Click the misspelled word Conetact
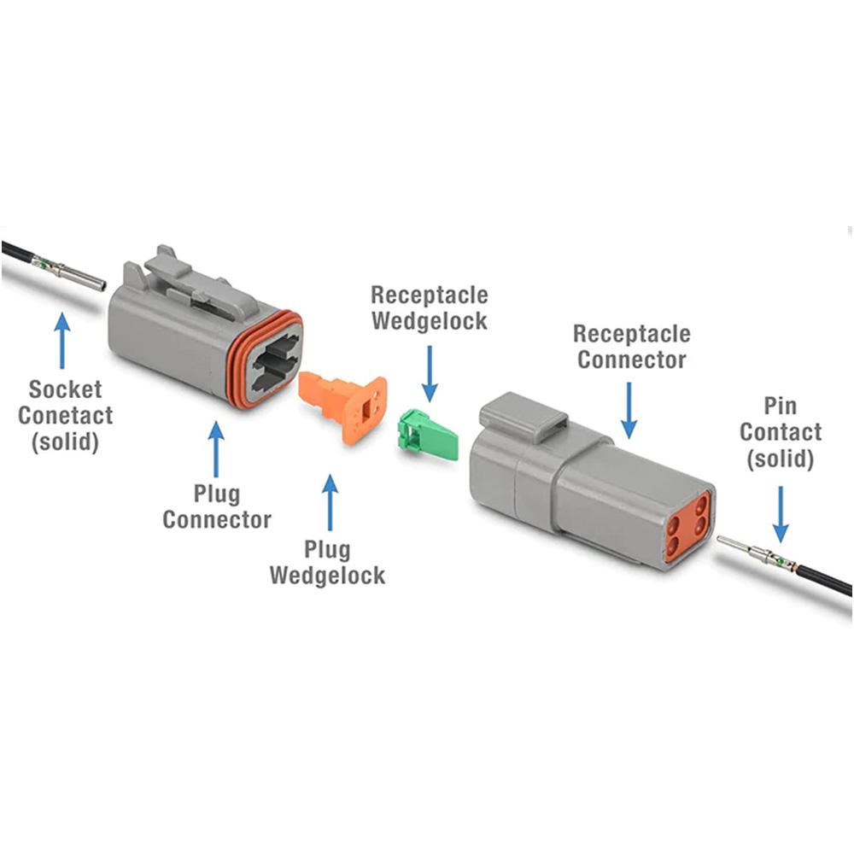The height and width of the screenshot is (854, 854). tap(66, 417)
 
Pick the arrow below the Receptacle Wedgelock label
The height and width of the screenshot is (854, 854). tap(429, 371)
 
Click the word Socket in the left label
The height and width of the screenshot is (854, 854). tap(66, 389)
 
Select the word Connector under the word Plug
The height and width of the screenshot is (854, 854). tap(217, 518)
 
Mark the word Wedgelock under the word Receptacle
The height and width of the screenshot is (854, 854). tap(429, 321)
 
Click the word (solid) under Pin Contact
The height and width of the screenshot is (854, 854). tap(781, 459)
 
